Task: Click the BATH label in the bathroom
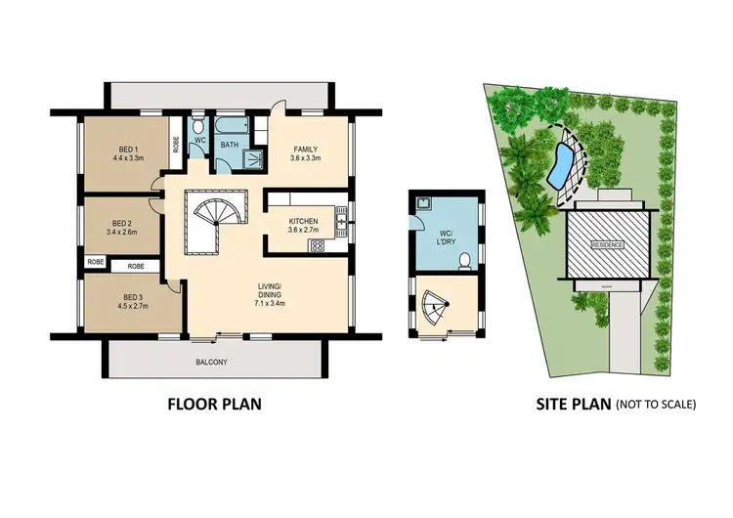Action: (230, 145)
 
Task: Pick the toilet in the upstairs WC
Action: (197, 127)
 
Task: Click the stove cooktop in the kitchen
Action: (318, 245)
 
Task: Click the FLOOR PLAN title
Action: (214, 403)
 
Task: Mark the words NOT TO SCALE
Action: (655, 404)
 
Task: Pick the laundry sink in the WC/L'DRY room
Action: (423, 205)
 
